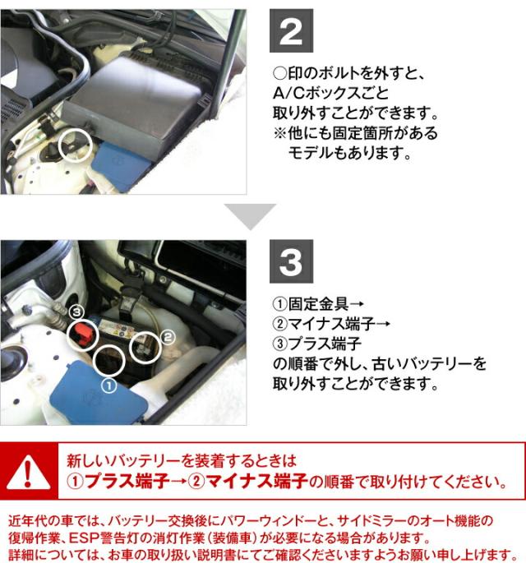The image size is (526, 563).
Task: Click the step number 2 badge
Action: (x=291, y=31)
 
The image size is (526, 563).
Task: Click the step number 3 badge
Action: (x=291, y=261)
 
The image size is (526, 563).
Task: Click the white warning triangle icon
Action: (x=28, y=471)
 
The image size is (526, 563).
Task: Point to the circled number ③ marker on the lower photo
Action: (x=76, y=312)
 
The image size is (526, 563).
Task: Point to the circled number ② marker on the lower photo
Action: (x=168, y=337)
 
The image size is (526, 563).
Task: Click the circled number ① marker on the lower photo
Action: (x=109, y=386)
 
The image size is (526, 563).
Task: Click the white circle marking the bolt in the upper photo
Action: (x=58, y=144)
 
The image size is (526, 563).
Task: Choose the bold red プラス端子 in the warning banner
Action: (x=127, y=481)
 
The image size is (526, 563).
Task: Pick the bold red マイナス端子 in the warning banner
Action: (x=256, y=481)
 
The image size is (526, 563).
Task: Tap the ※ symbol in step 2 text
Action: (x=279, y=133)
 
